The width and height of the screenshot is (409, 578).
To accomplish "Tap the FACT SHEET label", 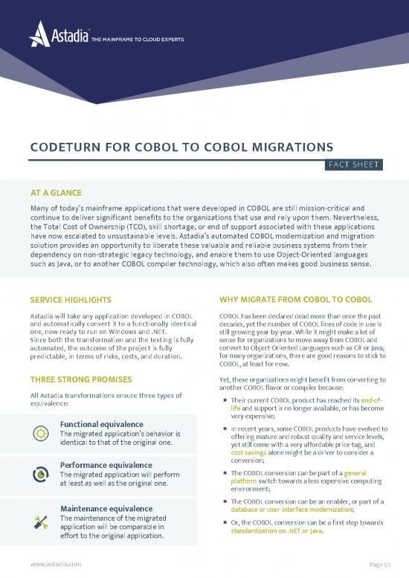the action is tap(352, 164).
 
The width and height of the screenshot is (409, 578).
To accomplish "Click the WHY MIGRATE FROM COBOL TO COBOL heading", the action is tap(296, 300).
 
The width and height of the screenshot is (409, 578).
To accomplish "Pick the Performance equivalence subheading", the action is tap(106, 466).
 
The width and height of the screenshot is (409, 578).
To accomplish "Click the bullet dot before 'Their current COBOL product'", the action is tap(225, 402).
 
